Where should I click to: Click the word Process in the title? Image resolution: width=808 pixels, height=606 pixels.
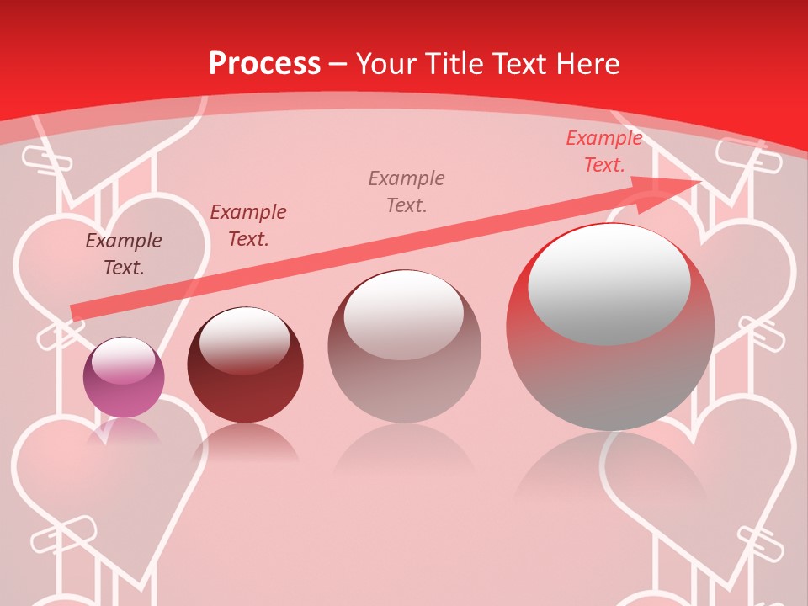click(x=264, y=64)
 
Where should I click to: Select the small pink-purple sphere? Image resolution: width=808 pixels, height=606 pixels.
click(x=124, y=377)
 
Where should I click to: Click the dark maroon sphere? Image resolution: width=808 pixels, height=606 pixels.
click(x=245, y=365)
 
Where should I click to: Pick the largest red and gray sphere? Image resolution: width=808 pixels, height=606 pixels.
click(x=610, y=328)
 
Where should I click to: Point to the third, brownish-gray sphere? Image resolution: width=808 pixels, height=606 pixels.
click(x=404, y=347)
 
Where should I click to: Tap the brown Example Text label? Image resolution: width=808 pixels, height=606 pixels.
click(x=124, y=254)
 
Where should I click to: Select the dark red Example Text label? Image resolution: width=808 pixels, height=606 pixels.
click(x=248, y=226)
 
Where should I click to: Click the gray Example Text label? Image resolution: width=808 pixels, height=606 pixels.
click(x=407, y=191)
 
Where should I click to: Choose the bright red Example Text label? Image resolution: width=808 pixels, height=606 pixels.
click(x=604, y=151)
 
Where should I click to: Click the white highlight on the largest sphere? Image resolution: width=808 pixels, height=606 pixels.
click(x=609, y=284)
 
